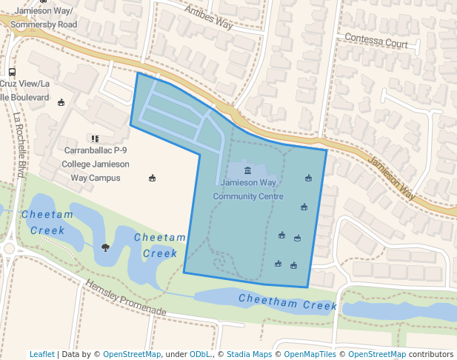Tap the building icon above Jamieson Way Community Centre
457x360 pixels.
(247, 170)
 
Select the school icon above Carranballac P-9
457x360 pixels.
(94, 138)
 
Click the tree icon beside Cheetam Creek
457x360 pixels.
(105, 247)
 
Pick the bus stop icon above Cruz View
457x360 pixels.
(12, 73)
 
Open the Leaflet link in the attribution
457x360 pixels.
(41, 354)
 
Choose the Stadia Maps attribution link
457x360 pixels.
(249, 354)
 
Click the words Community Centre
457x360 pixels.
(248, 196)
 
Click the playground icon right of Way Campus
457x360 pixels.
(153, 178)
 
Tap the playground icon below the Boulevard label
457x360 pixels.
(61, 102)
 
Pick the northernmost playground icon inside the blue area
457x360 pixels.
(308, 178)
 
